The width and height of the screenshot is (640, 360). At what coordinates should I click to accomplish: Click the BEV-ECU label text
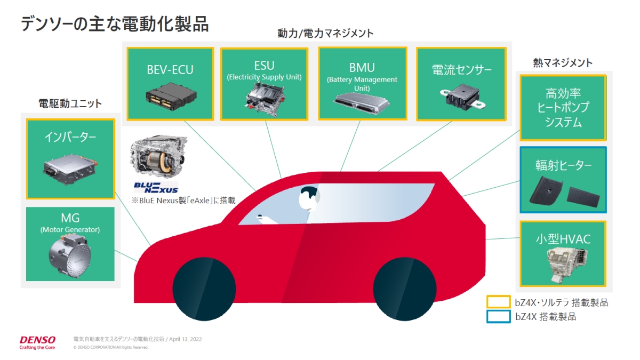click(x=170, y=69)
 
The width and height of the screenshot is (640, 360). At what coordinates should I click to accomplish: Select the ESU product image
click(x=265, y=100)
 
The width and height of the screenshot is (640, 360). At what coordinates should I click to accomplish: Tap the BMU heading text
click(x=362, y=68)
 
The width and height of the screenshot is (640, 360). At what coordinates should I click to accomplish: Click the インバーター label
click(x=70, y=138)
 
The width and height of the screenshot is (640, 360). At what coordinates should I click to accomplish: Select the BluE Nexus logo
click(x=156, y=188)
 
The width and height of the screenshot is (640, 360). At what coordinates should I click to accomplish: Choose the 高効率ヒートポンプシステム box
click(x=563, y=108)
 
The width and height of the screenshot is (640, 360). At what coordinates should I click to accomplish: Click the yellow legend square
click(x=498, y=302)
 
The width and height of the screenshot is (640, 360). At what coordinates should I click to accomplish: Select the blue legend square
click(x=498, y=317)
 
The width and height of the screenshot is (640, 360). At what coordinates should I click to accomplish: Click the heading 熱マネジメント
click(x=563, y=63)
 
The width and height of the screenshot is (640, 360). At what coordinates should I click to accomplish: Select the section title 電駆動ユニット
click(x=70, y=103)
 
